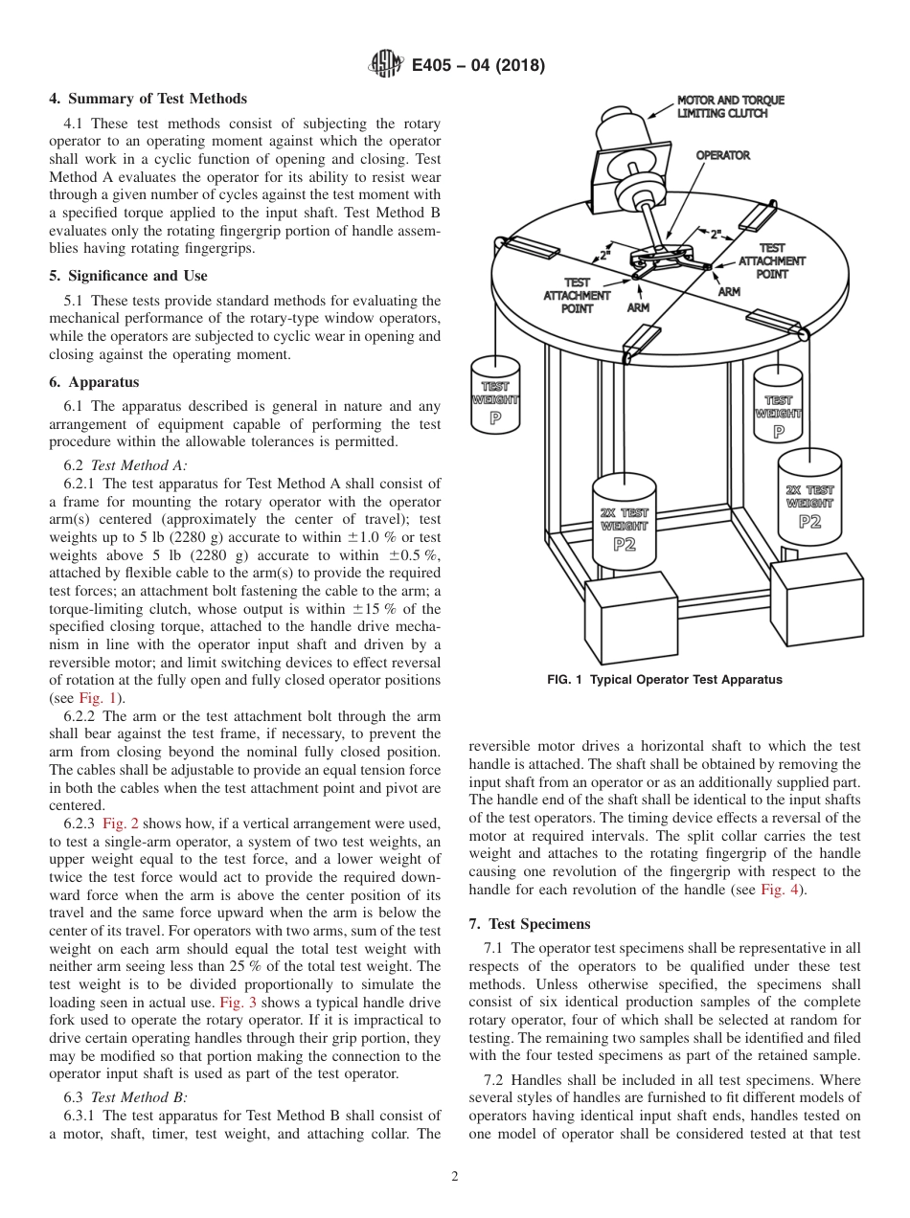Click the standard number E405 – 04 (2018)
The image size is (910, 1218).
(x=478, y=65)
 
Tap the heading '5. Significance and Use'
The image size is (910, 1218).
(x=128, y=276)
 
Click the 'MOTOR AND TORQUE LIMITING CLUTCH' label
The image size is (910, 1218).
(x=730, y=106)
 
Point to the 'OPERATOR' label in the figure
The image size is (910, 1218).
(x=722, y=155)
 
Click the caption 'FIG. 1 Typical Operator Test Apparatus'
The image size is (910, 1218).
(x=664, y=680)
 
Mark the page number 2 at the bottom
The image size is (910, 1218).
(x=455, y=1177)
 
